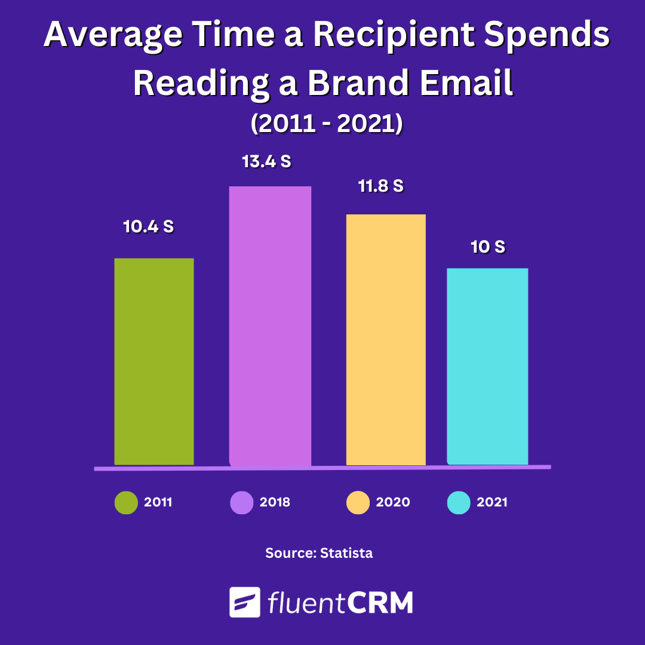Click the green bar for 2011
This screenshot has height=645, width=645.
(154, 361)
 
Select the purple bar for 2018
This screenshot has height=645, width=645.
(270, 325)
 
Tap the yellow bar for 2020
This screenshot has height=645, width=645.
(386, 339)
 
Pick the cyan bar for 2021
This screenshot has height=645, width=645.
(487, 366)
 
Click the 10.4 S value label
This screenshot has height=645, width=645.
(149, 227)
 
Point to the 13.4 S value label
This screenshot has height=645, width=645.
(266, 162)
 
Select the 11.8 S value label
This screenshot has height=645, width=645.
(381, 186)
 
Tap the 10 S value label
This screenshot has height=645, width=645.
(488, 247)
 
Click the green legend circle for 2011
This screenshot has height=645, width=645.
(126, 502)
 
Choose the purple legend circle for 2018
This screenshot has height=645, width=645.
(242, 502)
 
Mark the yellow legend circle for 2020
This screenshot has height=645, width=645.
(358, 502)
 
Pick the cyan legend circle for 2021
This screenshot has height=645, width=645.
(459, 502)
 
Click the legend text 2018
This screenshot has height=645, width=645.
(275, 502)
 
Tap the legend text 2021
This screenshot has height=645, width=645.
(492, 502)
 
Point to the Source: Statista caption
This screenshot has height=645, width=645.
(319, 553)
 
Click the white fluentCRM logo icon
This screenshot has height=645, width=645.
(245, 602)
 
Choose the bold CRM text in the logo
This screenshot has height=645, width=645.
(380, 603)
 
